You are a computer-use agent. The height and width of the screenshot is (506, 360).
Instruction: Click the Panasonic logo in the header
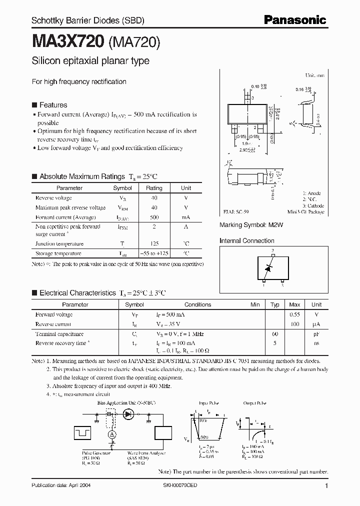tap(294, 20)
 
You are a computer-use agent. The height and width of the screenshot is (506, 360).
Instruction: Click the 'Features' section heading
tap(53, 105)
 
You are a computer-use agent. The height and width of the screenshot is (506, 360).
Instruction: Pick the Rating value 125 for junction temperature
tap(154, 243)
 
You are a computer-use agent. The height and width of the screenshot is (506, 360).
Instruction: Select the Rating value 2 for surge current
tap(154, 226)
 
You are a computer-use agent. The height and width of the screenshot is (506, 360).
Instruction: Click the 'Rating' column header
tap(154, 188)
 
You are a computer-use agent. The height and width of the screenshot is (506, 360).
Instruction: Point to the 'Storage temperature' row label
tap(59, 253)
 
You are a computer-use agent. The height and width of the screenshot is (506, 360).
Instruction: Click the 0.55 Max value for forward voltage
tap(295, 314)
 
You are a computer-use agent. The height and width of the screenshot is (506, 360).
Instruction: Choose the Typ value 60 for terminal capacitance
tap(274, 333)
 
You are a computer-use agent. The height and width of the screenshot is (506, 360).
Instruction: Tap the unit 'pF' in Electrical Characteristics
tap(316, 333)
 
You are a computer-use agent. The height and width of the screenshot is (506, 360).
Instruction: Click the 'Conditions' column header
tap(198, 304)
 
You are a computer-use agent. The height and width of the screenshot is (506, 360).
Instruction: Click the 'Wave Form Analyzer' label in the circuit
tap(143, 452)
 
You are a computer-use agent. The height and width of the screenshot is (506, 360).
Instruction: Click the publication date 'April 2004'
tap(78, 485)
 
